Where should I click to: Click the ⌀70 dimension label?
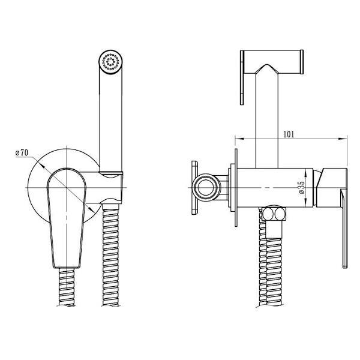point(22,152)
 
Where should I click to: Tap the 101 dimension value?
point(289,134)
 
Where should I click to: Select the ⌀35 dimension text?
point(302,188)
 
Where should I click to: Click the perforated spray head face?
point(110,62)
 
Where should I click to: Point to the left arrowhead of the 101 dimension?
point(239,139)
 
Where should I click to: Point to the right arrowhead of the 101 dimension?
point(343,139)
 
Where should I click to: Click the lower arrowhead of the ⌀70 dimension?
point(91,209)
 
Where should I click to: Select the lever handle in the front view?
point(67,218)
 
